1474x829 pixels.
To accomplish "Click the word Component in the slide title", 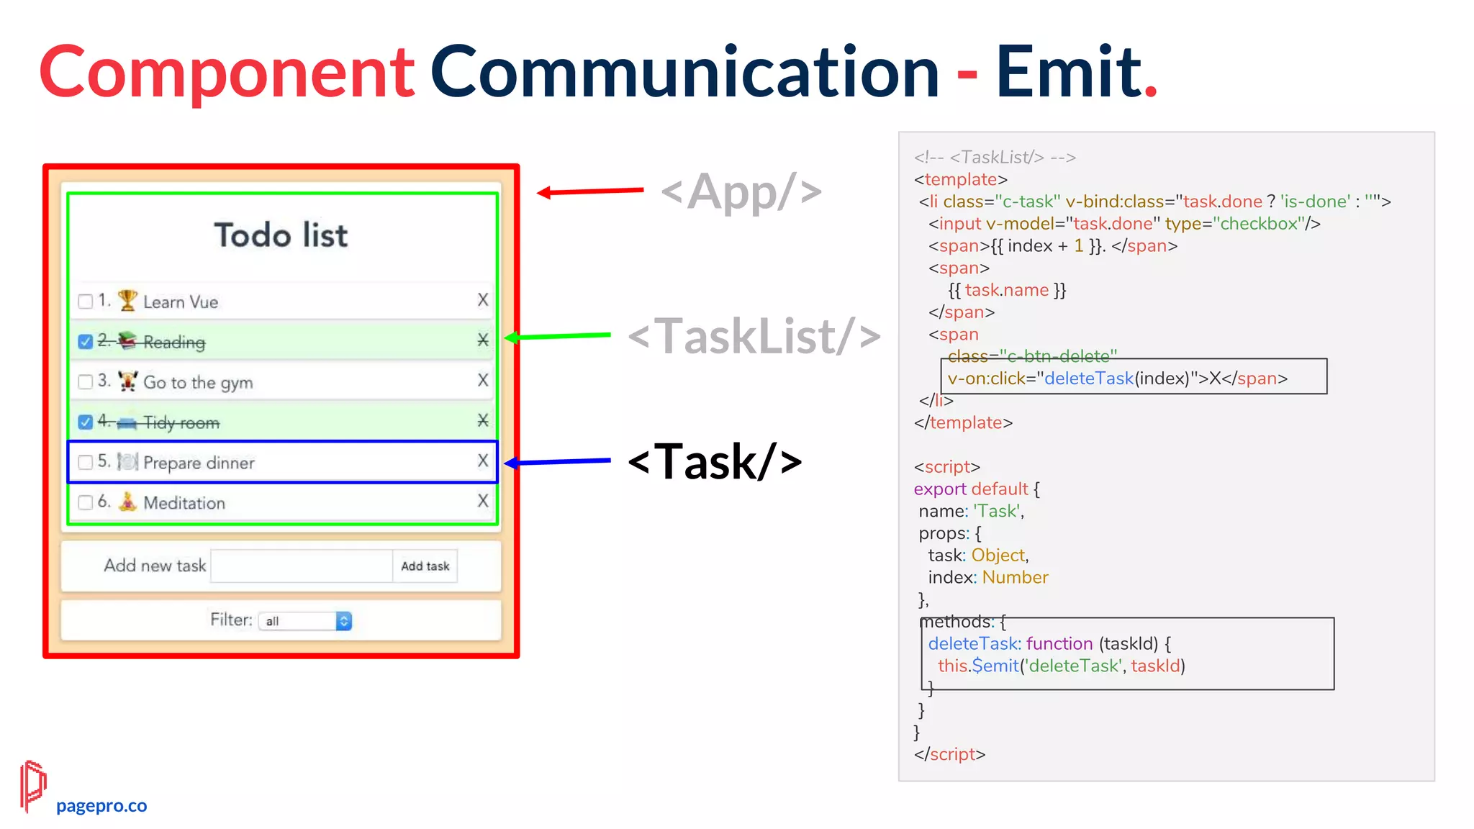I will [227, 72].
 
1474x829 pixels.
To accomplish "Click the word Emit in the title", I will [1068, 72].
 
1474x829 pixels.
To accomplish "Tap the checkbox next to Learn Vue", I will [86, 301].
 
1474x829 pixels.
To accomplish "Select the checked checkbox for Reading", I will [86, 341].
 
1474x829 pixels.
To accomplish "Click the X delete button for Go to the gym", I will [483, 380].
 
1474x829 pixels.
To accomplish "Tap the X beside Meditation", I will [483, 501].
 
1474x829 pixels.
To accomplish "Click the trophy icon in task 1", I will [127, 300].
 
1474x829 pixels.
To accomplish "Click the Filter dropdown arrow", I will [344, 621].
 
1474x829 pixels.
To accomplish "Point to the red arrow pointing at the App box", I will [590, 191].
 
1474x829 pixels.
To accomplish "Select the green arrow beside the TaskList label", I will [558, 336].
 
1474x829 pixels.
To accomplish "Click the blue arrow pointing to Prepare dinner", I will [558, 461].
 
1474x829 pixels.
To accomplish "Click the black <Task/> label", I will [715, 461].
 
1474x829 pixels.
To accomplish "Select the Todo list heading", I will [281, 235].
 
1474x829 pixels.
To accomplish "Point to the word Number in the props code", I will [1015, 577].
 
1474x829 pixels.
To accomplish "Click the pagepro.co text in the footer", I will [101, 806].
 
